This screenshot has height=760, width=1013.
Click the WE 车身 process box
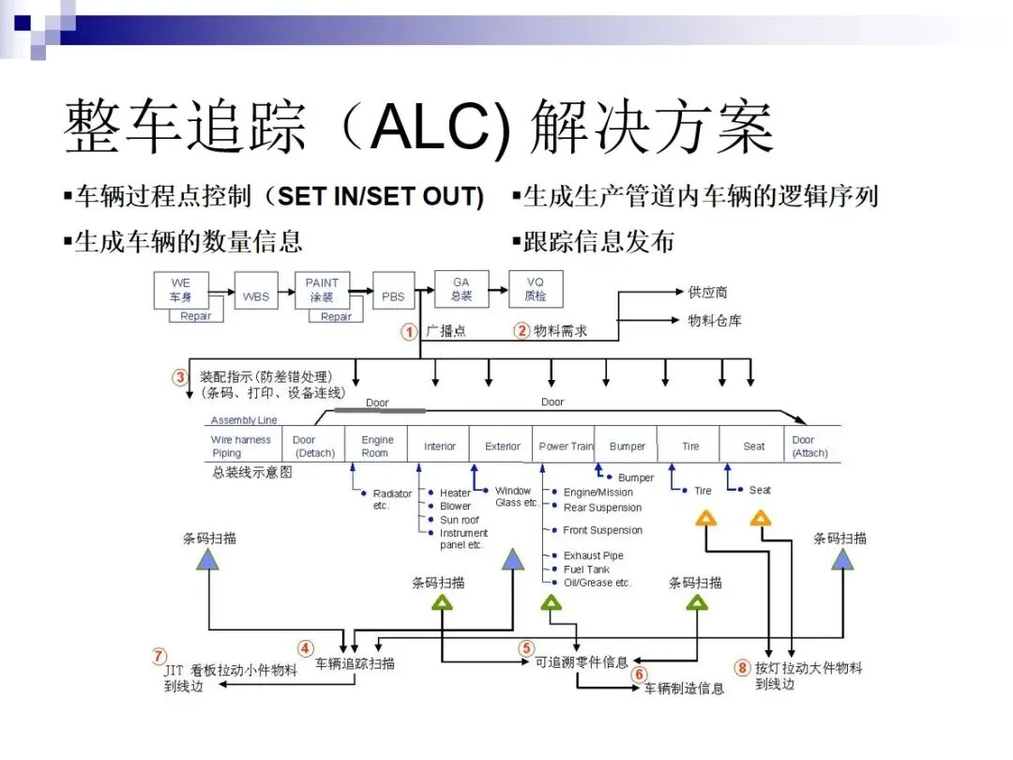point(180,289)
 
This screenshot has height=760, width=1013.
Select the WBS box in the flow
point(255,296)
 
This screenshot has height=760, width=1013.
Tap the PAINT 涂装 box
point(322,289)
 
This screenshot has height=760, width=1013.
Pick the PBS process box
point(393,296)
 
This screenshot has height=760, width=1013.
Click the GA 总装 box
point(461,289)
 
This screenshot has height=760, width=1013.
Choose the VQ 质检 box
point(536,289)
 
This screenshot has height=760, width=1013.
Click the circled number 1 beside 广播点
point(410,332)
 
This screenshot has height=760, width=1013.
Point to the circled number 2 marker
point(522,330)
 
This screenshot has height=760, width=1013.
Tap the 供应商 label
point(708,293)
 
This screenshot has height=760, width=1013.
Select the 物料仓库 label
point(715,321)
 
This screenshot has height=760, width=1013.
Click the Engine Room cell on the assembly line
point(377,446)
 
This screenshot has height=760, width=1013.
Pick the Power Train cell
point(566,446)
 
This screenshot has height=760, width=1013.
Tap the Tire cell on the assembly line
point(690,446)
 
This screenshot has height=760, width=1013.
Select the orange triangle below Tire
point(705,517)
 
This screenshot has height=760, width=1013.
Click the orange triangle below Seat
point(761,517)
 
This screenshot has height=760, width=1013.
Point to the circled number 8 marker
point(742,669)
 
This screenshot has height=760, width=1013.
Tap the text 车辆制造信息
point(684,689)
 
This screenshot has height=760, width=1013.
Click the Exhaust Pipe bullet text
point(593,555)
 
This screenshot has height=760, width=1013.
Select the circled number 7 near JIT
point(159,656)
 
